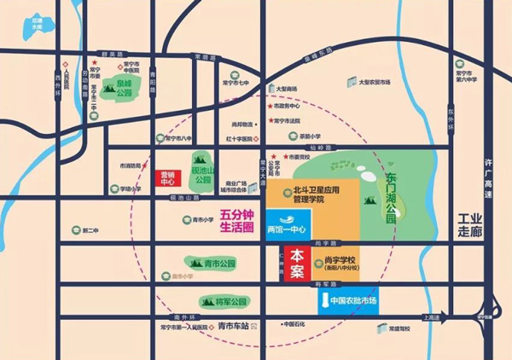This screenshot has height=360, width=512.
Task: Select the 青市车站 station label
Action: (x=232, y=326)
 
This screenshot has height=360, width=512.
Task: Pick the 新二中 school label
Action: (x=90, y=230)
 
